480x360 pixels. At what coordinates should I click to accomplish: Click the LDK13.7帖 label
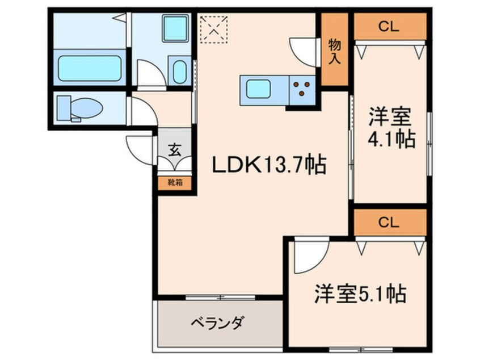point(268,165)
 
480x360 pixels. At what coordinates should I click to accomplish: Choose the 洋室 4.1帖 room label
point(391,128)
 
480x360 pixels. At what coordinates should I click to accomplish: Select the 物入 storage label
point(335,51)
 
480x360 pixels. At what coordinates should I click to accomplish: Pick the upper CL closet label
point(390,25)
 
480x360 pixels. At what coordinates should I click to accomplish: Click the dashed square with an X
point(214,28)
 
